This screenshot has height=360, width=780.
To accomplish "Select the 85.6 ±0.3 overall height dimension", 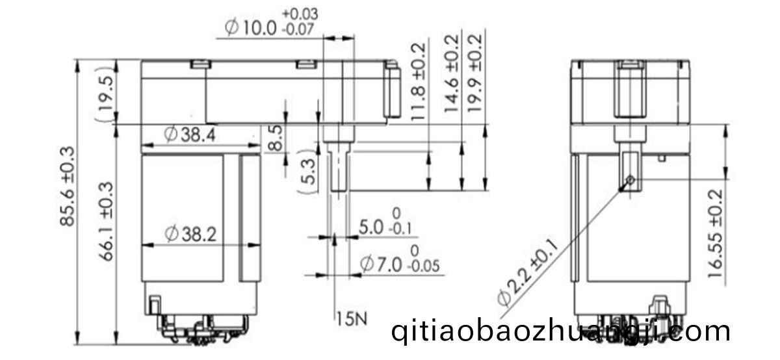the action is click(67, 186).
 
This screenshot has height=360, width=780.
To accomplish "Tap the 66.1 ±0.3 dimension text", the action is click(107, 222).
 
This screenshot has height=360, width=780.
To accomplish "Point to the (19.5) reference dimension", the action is click(106, 94).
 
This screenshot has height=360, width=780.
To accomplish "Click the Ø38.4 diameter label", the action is click(190, 135).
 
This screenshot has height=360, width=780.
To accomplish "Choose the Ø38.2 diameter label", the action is click(190, 234).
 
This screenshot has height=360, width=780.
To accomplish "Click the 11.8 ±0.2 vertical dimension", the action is click(418, 82).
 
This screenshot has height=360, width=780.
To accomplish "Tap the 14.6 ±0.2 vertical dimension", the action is click(452, 73).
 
